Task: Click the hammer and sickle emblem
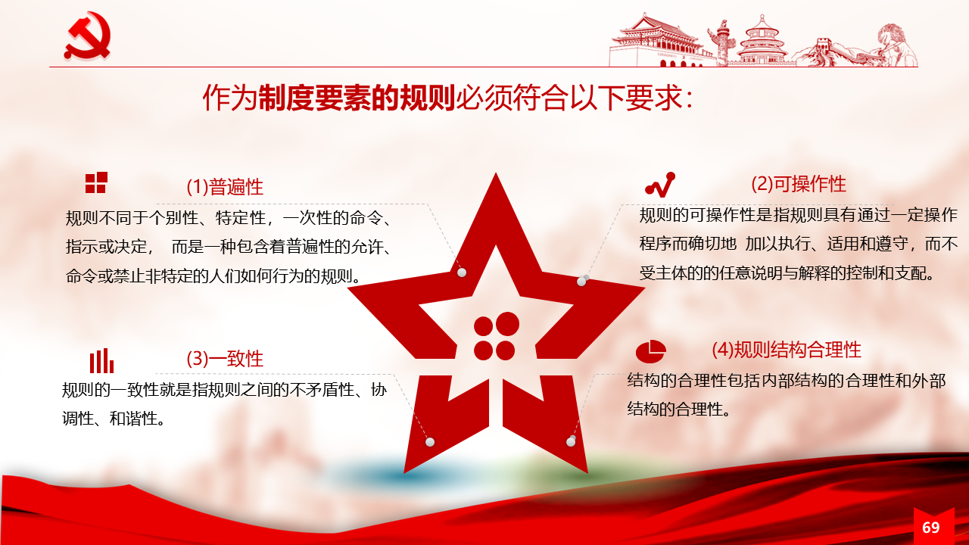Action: [x=88, y=35]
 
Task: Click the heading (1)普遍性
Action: [x=225, y=187]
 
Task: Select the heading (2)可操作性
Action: [x=799, y=184]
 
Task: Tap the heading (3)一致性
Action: [x=225, y=359]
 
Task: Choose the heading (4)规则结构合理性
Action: [x=787, y=350]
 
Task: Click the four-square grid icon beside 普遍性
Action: [x=96, y=182]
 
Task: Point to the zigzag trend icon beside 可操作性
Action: [x=660, y=185]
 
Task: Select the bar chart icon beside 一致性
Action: [x=101, y=361]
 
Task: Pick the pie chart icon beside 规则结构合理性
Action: [x=650, y=351]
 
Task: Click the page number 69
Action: [x=930, y=528]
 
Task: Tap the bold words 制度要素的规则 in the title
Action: [x=357, y=98]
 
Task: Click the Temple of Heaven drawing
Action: [x=762, y=42]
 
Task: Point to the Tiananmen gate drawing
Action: [x=658, y=42]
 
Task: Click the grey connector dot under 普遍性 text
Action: [x=462, y=272]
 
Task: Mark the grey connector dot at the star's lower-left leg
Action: [x=430, y=442]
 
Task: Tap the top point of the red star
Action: [x=496, y=173]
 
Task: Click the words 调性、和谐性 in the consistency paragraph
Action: [x=114, y=419]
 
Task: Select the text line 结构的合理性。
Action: [x=679, y=409]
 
